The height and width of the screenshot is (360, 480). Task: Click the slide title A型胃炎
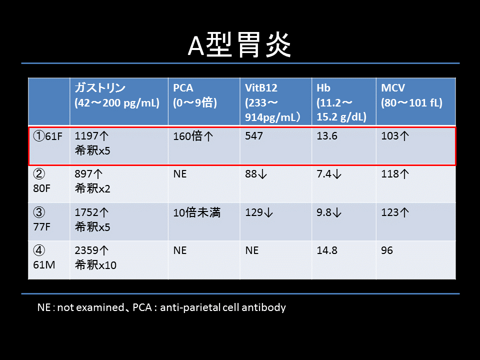point(239,45)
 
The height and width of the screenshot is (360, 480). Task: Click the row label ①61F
point(48,136)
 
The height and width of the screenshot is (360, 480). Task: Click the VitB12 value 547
point(254,136)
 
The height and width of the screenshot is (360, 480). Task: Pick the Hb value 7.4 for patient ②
point(324,174)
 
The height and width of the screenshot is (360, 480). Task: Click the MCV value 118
point(390,174)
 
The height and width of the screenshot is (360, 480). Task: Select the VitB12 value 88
point(251,174)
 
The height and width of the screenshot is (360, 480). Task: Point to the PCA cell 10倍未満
point(197,212)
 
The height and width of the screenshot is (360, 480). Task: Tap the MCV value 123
point(390,212)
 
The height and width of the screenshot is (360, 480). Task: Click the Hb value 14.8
point(327,250)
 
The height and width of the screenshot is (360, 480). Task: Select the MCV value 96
point(387,250)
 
